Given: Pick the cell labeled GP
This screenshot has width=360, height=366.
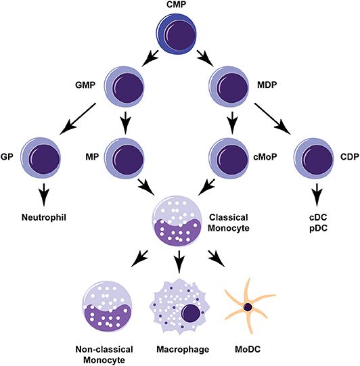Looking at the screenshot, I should (41, 156).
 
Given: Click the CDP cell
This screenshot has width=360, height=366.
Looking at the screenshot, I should (313, 156).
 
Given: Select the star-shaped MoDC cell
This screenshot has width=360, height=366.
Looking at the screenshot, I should (248, 306).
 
